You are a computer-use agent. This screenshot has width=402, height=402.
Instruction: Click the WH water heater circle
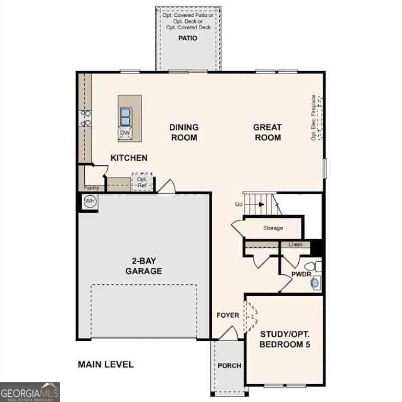tap(90, 201)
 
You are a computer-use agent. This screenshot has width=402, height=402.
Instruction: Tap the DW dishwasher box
tap(125, 133)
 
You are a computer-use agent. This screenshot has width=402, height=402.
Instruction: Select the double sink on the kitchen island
tap(126, 117)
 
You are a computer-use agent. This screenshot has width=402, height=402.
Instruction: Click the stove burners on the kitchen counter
tap(85, 118)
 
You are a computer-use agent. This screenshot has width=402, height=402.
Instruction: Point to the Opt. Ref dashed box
tap(142, 182)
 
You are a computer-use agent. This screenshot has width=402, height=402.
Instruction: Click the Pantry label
tap(91, 188)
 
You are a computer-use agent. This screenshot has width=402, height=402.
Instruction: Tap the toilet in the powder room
tap(314, 266)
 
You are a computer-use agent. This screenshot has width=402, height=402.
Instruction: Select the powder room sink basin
tap(315, 283)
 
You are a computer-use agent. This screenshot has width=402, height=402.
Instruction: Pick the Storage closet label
tap(273, 228)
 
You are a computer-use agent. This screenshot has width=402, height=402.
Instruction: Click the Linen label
tap(295, 244)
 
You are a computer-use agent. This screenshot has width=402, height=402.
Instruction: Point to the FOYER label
tap(228, 315)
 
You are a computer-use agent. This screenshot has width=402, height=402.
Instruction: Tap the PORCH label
tap(229, 365)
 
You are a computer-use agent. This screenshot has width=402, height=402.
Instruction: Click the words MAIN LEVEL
tap(106, 364)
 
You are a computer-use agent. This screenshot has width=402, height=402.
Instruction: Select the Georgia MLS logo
tap(30, 392)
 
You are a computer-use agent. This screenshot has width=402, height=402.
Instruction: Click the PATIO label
tap(188, 38)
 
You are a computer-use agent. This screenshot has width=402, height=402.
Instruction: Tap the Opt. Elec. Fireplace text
tap(314, 118)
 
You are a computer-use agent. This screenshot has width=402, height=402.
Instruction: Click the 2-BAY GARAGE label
tap(143, 266)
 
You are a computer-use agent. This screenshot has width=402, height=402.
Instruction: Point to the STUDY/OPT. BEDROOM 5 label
tap(285, 339)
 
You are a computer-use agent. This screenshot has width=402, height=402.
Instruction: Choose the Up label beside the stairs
tap(239, 204)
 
